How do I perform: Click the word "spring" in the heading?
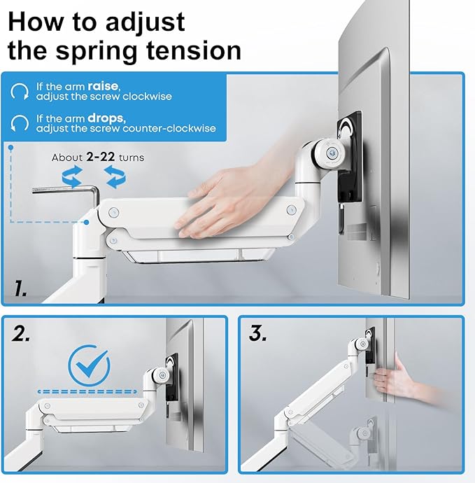[x=96, y=51]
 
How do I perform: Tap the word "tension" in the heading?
[x=193, y=50]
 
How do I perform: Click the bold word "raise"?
[x=103, y=86]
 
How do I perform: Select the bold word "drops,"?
[x=106, y=118]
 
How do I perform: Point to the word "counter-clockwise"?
[x=169, y=128]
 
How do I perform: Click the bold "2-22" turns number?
[x=100, y=157]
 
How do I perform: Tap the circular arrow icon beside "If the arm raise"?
[x=20, y=91]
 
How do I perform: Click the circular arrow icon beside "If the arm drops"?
[x=20, y=123]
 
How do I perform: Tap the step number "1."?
[x=20, y=288]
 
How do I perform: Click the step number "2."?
[x=21, y=333]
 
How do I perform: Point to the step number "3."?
[x=257, y=333]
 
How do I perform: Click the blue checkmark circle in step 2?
[x=89, y=365]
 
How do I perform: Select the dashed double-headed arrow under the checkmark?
[x=87, y=392]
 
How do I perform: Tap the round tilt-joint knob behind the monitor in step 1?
[x=332, y=153]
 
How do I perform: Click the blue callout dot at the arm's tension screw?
[x=87, y=222]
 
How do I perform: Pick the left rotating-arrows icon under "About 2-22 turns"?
[x=72, y=176]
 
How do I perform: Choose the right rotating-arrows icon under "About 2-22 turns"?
[x=115, y=176]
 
